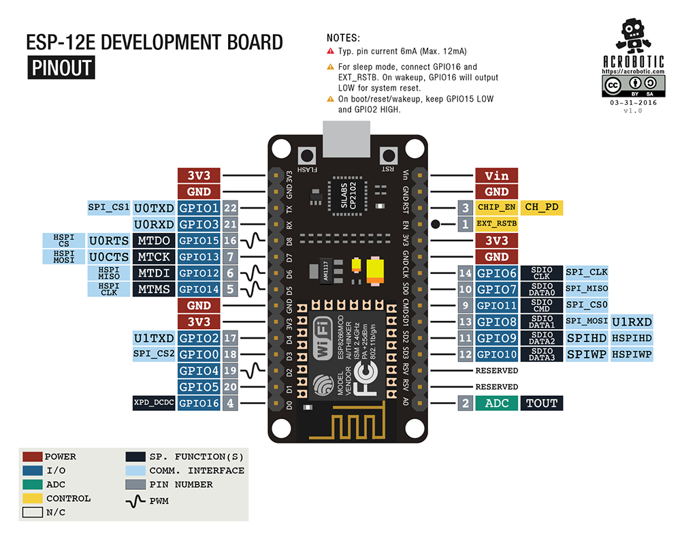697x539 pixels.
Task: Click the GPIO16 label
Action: [199, 403]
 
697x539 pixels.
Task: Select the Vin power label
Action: [496, 176]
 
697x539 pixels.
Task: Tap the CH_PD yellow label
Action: [543, 207]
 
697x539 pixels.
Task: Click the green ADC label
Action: [496, 403]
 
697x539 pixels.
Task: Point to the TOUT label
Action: [542, 403]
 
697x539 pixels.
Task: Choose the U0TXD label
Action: [154, 208]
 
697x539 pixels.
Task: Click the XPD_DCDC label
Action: [154, 403]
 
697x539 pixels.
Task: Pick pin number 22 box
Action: [230, 208]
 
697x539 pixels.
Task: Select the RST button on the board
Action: [388, 156]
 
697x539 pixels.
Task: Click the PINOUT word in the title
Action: [61, 68]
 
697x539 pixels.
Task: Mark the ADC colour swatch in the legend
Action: [33, 484]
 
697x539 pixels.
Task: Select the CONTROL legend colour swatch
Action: [33, 498]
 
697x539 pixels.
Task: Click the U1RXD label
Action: [632, 322]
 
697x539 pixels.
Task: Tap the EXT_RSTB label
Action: [496, 224]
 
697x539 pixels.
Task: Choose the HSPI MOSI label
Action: [63, 257]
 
